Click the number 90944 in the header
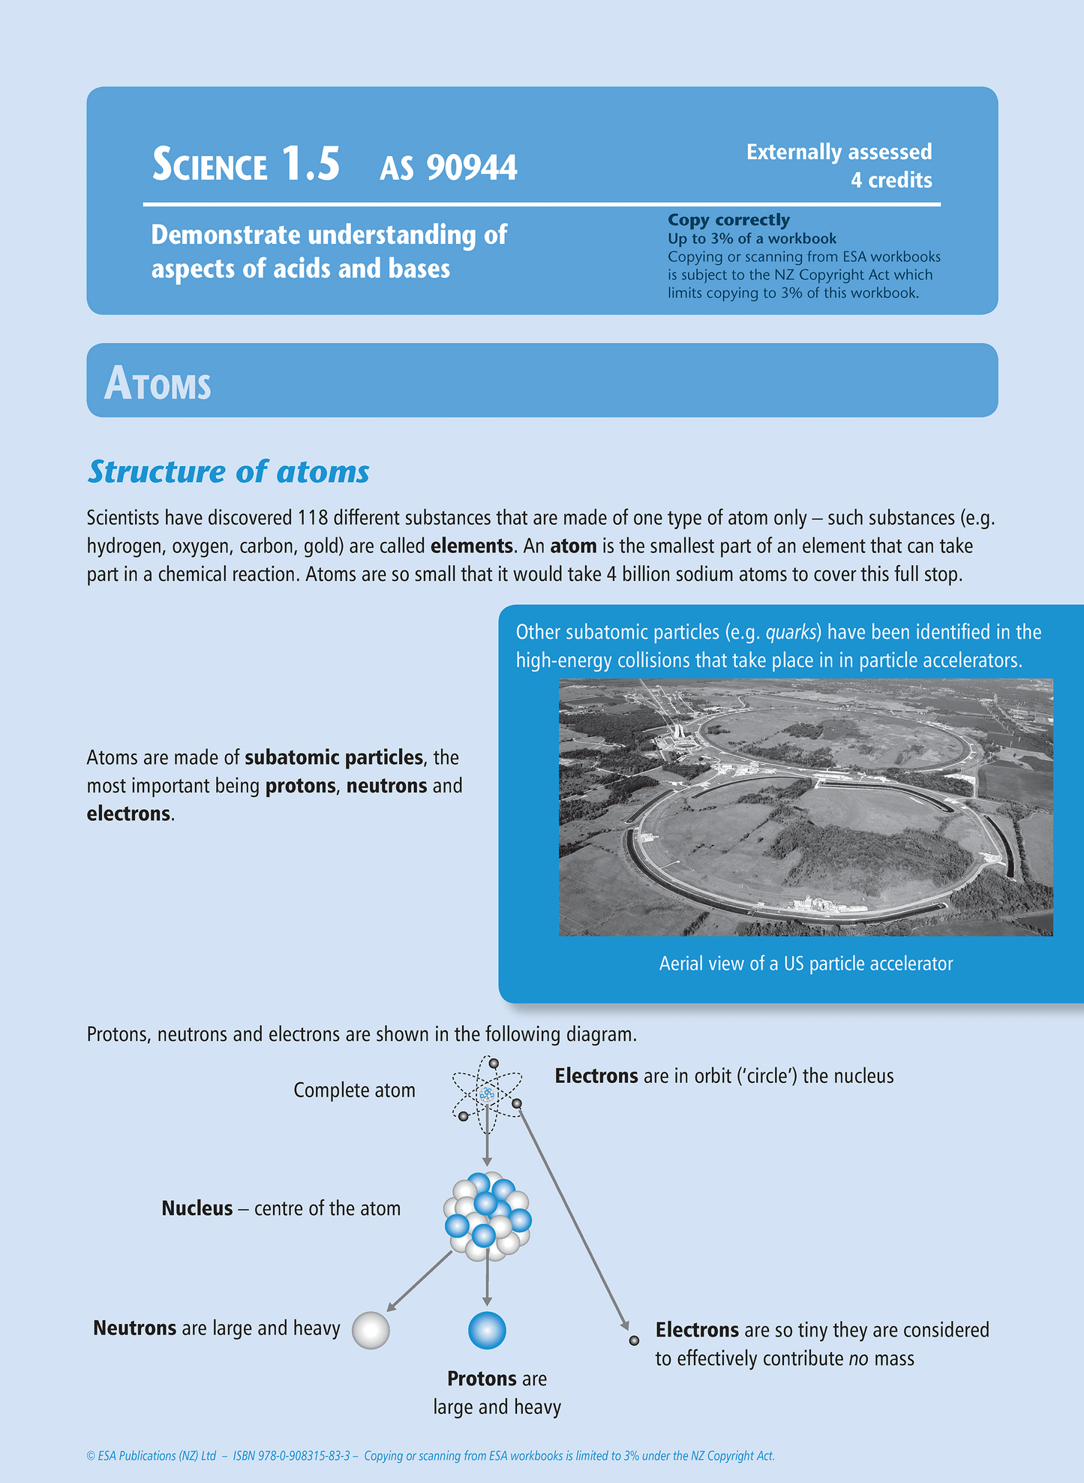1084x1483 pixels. click(472, 167)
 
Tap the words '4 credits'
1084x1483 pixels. click(891, 180)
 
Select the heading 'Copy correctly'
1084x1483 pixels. click(728, 220)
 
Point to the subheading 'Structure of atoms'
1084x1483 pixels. click(229, 472)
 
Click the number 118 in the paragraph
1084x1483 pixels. click(313, 518)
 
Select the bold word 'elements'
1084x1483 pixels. click(471, 546)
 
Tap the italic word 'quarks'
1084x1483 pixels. click(791, 633)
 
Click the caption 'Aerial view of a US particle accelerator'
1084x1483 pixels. click(806, 964)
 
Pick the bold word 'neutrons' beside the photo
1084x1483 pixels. click(387, 786)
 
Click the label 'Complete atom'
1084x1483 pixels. click(354, 1090)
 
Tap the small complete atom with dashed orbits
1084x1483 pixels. click(487, 1093)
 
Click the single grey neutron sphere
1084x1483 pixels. click(371, 1331)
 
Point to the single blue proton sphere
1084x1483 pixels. click(487, 1331)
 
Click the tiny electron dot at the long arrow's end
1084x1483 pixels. click(634, 1340)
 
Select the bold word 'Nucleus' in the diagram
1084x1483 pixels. click(197, 1208)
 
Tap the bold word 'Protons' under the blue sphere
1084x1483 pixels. click(481, 1379)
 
